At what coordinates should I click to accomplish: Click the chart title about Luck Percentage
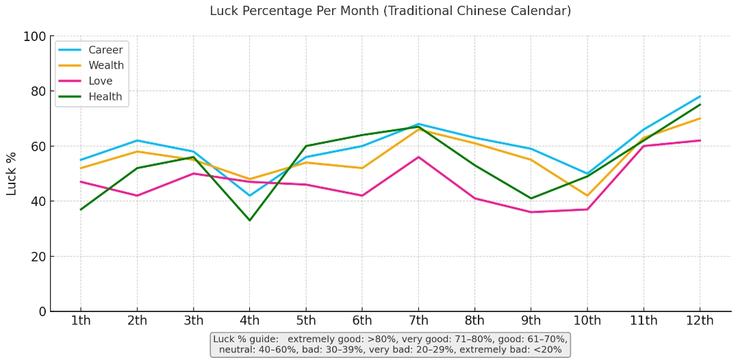coord(390,11)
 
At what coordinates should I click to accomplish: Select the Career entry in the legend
coord(105,50)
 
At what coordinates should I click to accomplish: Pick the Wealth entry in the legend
coord(106,66)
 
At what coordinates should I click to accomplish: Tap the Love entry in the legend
coord(101,81)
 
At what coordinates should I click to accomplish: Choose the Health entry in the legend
coord(105,97)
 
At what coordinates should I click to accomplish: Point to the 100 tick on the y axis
coord(34,36)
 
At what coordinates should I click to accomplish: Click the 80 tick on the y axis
coord(38,91)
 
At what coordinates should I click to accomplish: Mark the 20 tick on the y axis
coord(38,257)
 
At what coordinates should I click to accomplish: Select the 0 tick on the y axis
coord(42,311)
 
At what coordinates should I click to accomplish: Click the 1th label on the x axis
coord(81,321)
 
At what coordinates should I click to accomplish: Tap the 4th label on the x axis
coord(249,321)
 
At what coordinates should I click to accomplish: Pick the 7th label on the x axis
coord(418,321)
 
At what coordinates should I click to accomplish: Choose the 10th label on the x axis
coord(587,321)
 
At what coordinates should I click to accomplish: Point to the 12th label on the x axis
coord(699,321)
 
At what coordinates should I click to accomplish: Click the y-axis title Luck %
coord(12,174)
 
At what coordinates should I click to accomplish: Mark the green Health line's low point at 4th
coord(249,220)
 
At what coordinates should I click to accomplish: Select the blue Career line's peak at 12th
coord(700,97)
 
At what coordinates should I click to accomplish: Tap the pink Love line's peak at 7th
coord(418,157)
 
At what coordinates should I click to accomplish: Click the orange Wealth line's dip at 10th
coord(587,196)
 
